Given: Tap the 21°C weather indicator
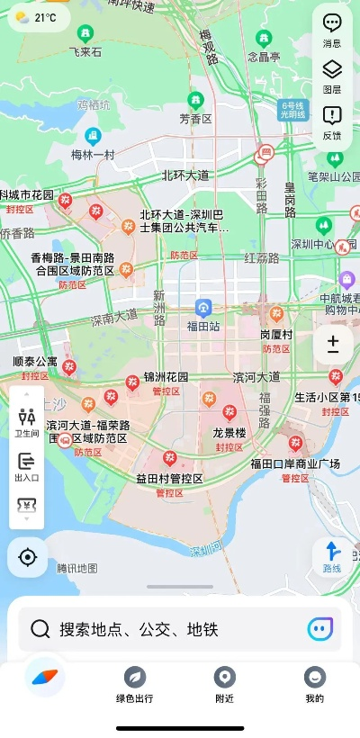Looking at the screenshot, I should (37, 17).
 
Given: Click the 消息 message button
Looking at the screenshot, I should (332, 29).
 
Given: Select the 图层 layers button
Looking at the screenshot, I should (332, 75).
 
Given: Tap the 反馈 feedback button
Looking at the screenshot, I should (332, 121).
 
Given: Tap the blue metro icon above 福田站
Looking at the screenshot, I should (204, 308).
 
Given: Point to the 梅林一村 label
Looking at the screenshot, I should (93, 155).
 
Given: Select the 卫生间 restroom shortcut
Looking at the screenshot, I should (27, 421).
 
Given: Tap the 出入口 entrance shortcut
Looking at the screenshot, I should (27, 466).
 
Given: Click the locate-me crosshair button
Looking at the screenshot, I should (27, 557).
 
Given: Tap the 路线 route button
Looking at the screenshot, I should (332, 556).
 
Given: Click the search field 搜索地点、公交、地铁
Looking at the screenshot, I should (180, 629).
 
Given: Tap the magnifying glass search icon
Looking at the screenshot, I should (40, 629).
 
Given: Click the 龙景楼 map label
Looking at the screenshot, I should (229, 431).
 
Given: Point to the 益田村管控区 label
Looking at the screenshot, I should (169, 478).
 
